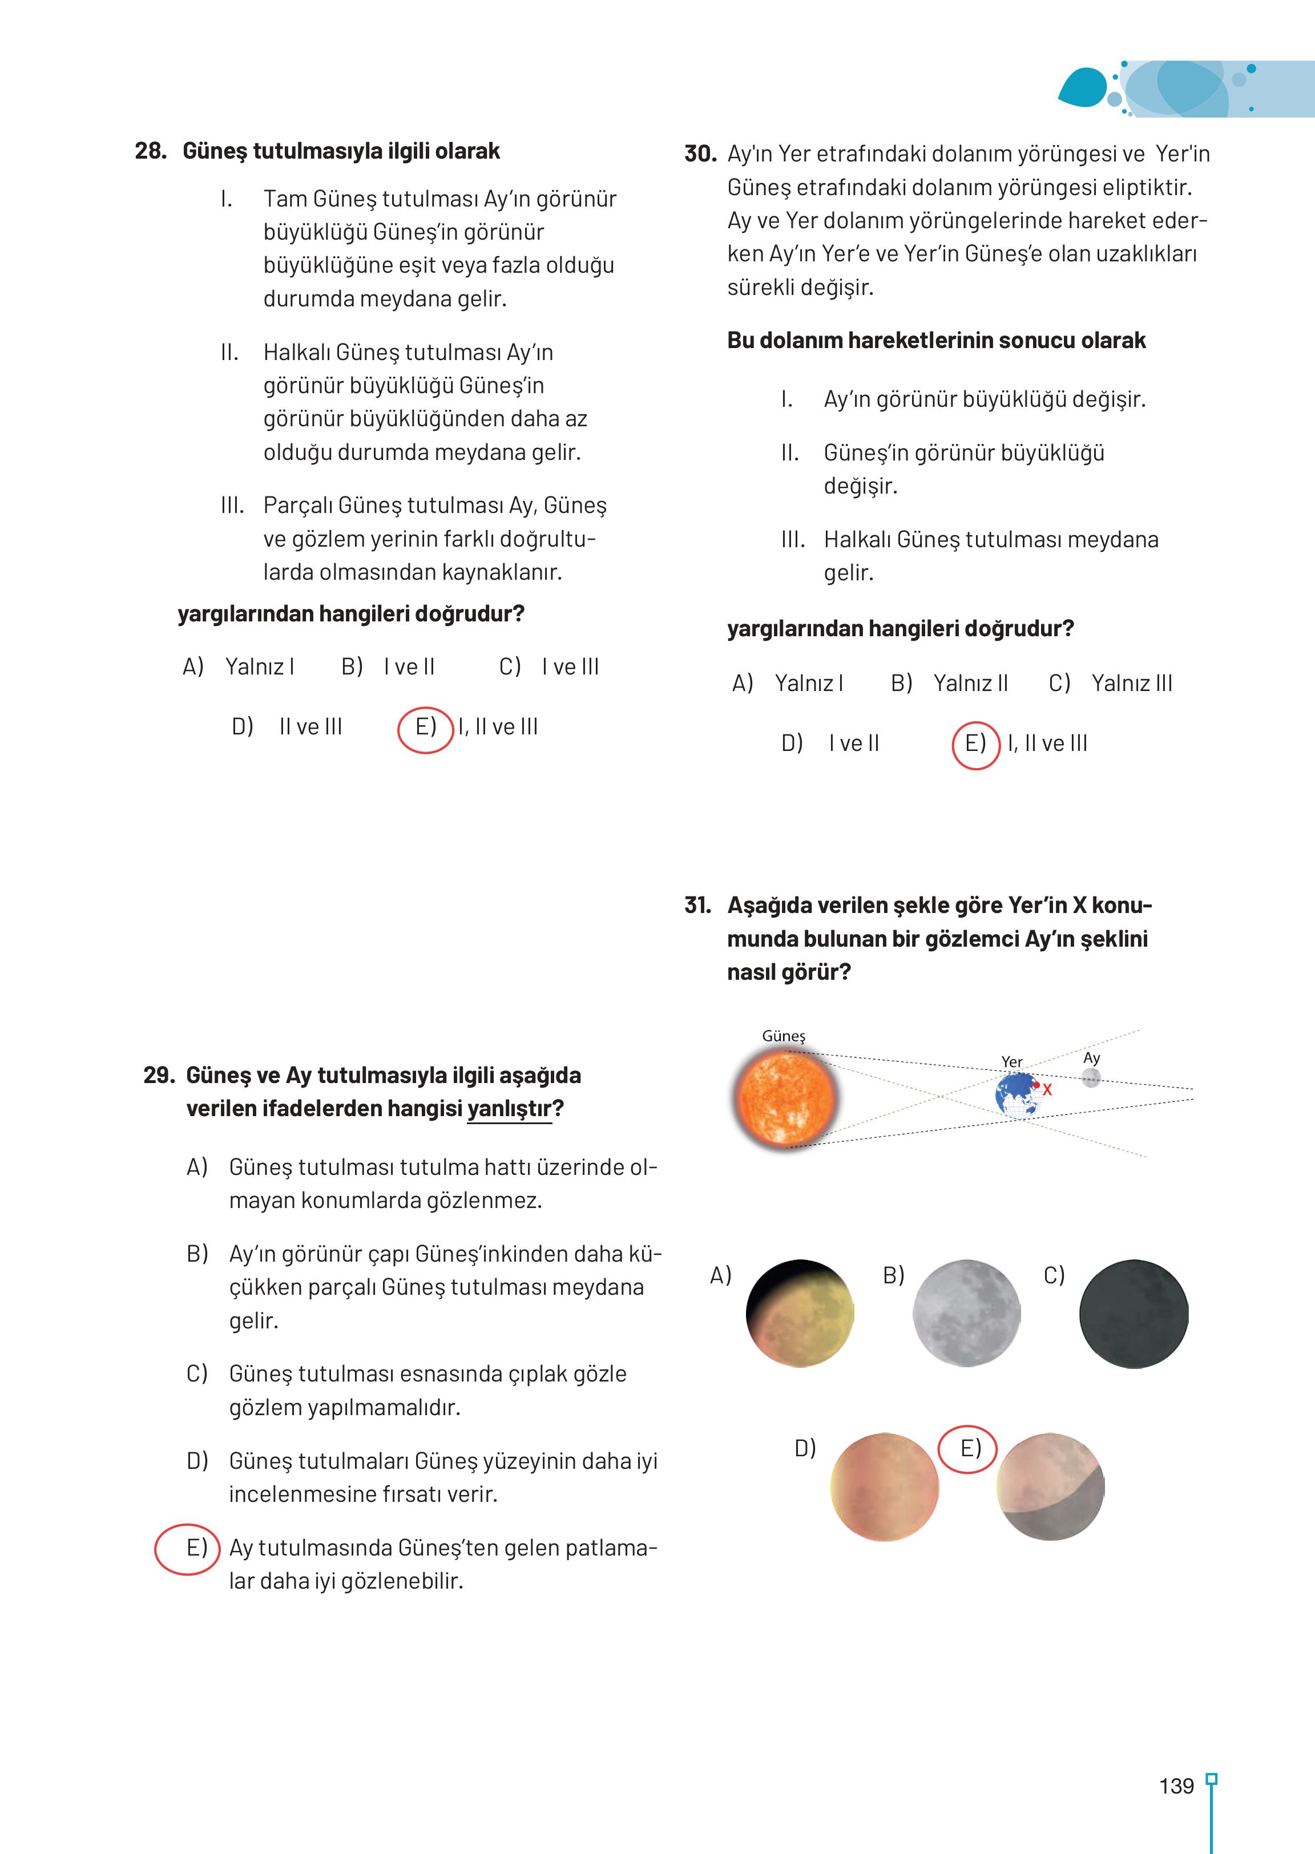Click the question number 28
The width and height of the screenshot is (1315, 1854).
click(x=151, y=151)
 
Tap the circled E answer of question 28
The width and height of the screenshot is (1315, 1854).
click(x=425, y=727)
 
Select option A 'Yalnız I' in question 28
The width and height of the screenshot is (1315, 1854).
click(x=239, y=667)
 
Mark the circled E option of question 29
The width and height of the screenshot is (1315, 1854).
click(x=188, y=1548)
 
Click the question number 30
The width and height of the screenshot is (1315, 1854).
click(x=700, y=154)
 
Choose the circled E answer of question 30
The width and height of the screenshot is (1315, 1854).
click(x=976, y=744)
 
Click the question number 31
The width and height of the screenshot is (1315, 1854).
click(x=697, y=905)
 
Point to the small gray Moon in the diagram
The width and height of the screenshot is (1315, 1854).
click(x=1091, y=1077)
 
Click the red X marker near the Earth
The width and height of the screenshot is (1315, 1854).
click(x=1046, y=1090)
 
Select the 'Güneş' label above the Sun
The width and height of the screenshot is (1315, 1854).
click(x=784, y=1036)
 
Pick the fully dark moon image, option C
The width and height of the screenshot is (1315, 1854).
click(x=1133, y=1313)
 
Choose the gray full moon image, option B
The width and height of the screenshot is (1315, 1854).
click(x=966, y=1313)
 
